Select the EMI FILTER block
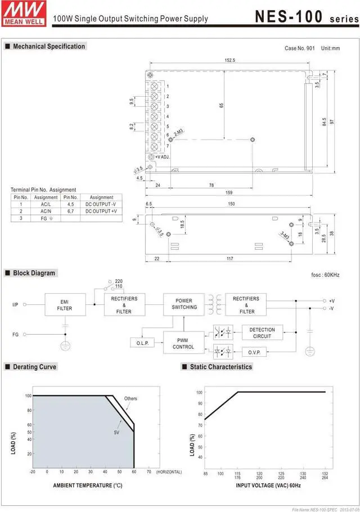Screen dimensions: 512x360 click(65, 304)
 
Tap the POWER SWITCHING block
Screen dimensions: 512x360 click(184, 304)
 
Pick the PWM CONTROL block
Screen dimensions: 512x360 click(183, 343)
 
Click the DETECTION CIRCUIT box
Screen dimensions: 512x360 click(262, 333)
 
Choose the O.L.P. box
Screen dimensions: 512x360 click(142, 343)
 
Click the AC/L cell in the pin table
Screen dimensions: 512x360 click(46, 204)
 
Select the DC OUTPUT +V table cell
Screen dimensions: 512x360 click(101, 211)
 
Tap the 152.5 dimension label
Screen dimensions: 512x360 click(229, 60)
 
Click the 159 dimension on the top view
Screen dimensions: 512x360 click(229, 193)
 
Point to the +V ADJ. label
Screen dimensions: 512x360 click(164, 157)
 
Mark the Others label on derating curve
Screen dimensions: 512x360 click(130, 398)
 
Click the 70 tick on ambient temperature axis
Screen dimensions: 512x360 click(149, 472)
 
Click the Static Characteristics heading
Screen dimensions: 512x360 click(217, 367)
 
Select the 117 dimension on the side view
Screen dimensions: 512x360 click(230, 258)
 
